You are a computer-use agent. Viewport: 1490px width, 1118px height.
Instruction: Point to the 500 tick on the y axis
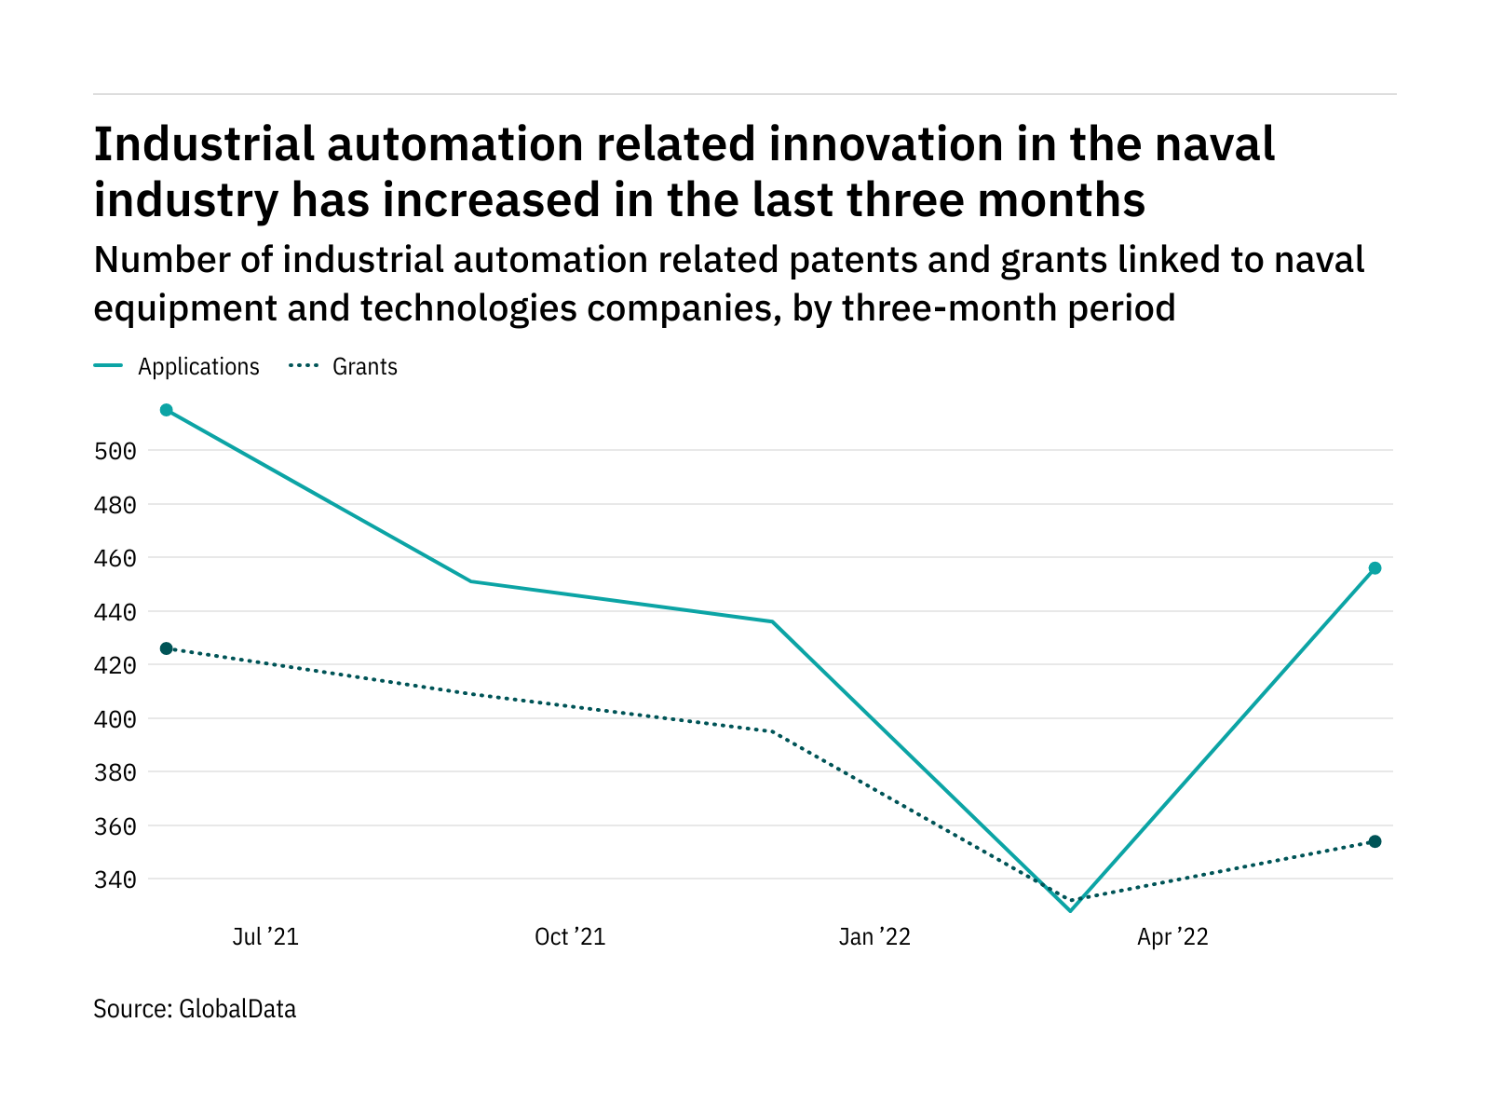115,452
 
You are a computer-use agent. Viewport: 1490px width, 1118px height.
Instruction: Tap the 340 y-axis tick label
115,880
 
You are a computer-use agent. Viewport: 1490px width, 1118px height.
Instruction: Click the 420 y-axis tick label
115,666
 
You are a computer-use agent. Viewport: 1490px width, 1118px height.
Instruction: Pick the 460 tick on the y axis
115,559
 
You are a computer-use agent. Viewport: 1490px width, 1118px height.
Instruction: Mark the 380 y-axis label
115,773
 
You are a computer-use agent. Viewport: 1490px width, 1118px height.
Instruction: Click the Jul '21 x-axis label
265,937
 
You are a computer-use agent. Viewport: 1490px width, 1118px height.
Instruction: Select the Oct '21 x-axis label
570,937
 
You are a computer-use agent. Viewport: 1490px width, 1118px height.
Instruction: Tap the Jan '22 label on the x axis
874,937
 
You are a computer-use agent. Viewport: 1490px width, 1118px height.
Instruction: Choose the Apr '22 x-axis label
1172,937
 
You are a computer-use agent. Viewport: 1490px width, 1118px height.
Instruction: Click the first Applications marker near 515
167,410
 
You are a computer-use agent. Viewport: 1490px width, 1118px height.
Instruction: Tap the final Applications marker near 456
1375,568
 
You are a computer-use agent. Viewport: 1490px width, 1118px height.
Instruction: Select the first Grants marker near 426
167,648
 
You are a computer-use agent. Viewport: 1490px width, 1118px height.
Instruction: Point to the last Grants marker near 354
1375,841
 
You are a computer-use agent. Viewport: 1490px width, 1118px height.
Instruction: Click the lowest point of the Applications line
1071,910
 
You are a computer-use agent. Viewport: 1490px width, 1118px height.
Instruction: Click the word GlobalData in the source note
237,1009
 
